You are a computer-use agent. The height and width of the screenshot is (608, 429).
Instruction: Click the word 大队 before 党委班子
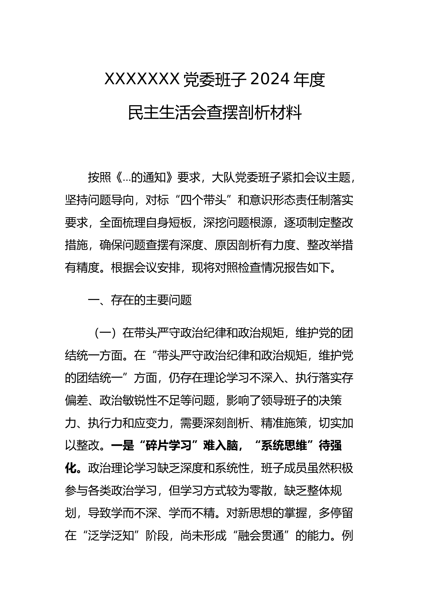click(x=223, y=178)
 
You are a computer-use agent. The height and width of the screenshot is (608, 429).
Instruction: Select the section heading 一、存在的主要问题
click(x=140, y=300)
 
